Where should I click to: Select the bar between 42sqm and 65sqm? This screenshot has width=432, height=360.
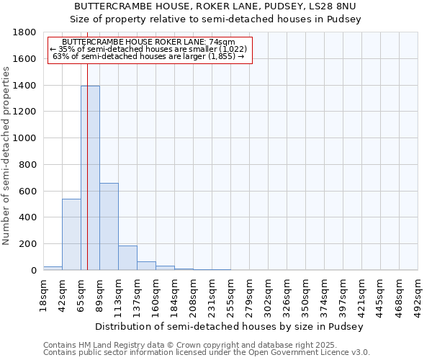[x=71, y=234]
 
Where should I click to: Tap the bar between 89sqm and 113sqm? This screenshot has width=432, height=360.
[x=109, y=226]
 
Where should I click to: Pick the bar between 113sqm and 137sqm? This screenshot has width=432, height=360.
[x=127, y=258]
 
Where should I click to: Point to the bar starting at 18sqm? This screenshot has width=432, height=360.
[x=53, y=268]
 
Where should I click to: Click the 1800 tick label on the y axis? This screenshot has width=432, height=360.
[x=25, y=32]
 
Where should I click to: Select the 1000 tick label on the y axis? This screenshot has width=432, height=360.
[x=25, y=138]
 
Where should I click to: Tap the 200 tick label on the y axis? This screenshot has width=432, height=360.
[x=28, y=244]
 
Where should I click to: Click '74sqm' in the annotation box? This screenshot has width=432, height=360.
[x=235, y=42]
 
